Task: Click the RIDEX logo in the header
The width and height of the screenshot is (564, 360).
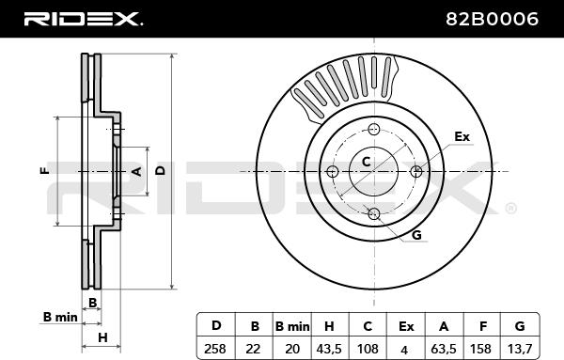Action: coord(83,19)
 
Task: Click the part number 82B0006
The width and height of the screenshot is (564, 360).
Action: coord(492,19)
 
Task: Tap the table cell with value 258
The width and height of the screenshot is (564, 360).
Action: coord(215,349)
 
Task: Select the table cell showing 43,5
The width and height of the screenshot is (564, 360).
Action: coord(329,349)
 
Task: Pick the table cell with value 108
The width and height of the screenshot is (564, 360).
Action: coord(368,349)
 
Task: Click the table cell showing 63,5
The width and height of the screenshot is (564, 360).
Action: coord(444,349)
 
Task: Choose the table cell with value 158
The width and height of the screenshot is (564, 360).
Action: coord(481,349)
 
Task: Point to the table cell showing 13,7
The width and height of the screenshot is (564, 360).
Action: coord(520,349)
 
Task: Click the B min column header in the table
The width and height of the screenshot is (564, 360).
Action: coord(292,325)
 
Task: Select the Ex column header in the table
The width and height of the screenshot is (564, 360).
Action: coord(406,325)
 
